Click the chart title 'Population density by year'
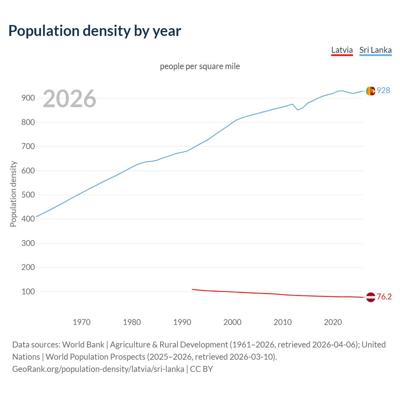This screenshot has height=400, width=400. tap(95, 31)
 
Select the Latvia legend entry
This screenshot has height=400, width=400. tap(342, 50)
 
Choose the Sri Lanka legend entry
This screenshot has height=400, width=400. tap(375, 50)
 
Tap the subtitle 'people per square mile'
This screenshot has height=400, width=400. tap(200, 66)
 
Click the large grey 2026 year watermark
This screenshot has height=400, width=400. tap(69, 99)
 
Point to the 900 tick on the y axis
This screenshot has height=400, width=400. tap(28, 98)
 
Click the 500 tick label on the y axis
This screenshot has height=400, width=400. tap(28, 195)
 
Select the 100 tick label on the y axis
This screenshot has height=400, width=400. tap(28, 292)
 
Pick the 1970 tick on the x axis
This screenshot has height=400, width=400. tap(82, 322)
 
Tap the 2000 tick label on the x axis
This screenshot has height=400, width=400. tap(232, 322)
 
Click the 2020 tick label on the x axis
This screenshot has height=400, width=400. tap(333, 322)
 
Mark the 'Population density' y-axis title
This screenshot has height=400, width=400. tap(13, 194)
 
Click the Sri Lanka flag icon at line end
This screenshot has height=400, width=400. tap(371, 91)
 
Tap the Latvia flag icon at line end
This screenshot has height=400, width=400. tap(371, 297)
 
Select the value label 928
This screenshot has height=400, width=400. tap(383, 90)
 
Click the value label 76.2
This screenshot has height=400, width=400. tap(384, 297)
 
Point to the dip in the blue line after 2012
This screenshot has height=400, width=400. tap(297, 110)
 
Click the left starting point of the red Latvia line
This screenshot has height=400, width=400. tap(192, 289)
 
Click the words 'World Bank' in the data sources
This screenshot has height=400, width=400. tap(83, 345)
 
